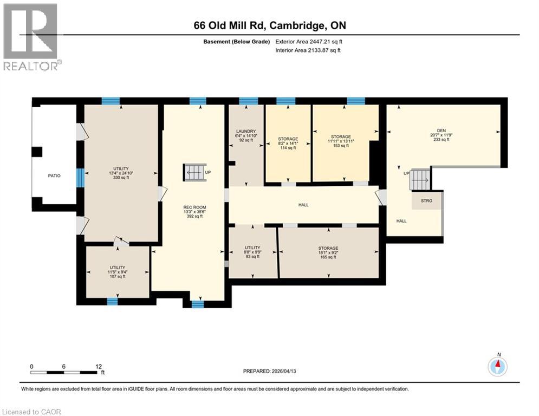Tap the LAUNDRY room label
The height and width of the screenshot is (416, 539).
245,131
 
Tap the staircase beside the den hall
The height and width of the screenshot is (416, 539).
420,178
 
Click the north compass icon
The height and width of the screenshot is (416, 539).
497,366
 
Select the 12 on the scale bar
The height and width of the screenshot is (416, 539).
99,366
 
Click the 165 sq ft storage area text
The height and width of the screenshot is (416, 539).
328,257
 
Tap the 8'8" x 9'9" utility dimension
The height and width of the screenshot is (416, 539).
252,252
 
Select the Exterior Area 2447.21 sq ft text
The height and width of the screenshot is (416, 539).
308,42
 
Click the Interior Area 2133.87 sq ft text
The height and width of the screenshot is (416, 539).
308,50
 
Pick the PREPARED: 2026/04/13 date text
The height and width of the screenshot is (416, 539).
269,371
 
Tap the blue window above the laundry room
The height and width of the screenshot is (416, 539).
248,101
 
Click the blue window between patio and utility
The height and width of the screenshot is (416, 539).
80,177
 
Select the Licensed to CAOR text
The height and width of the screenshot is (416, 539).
33,412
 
